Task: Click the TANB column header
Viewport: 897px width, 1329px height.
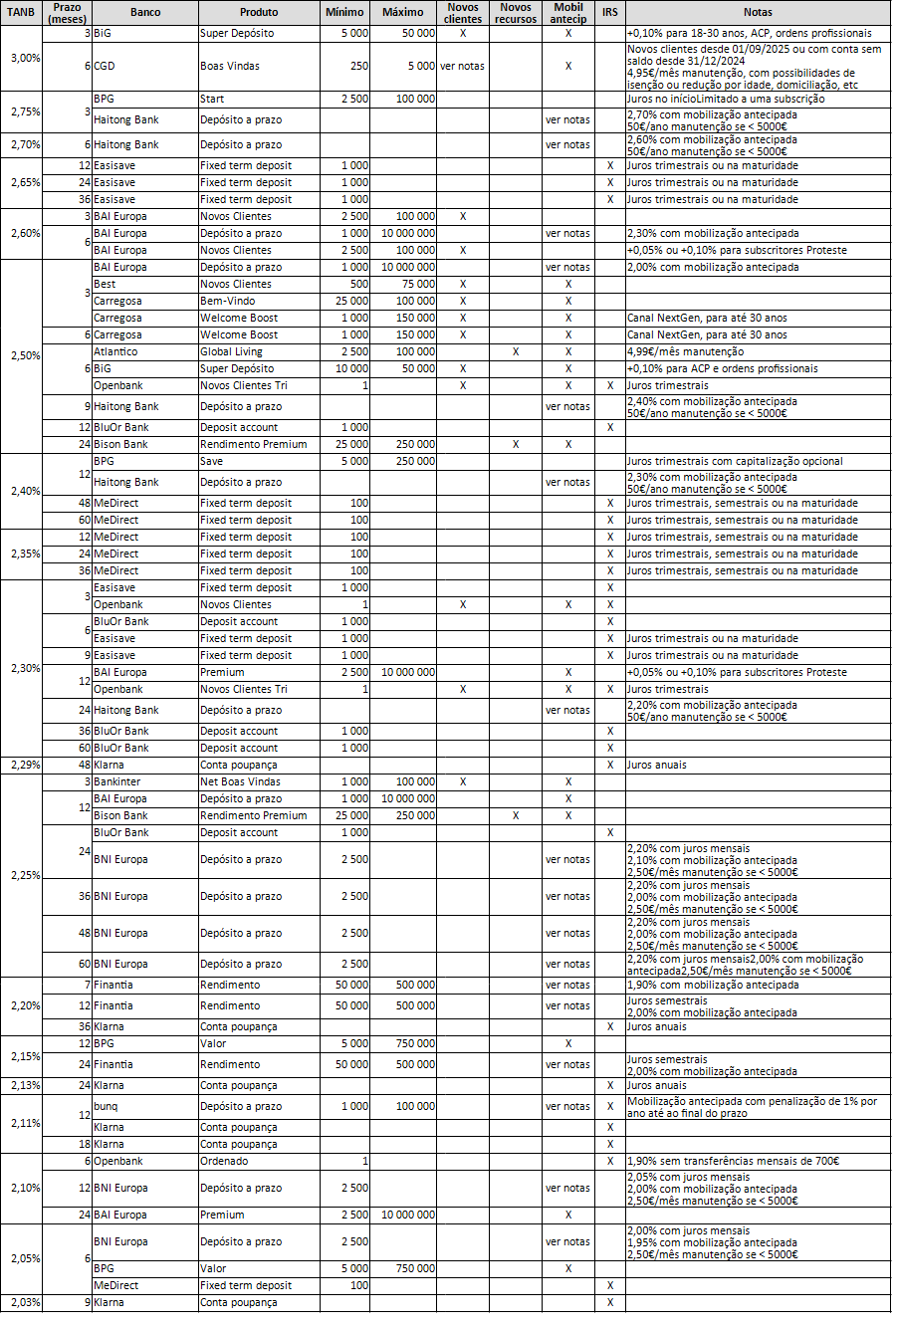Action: [x=21, y=13]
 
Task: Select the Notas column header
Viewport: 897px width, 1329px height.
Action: [x=758, y=13]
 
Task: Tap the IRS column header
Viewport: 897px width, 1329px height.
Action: [x=609, y=13]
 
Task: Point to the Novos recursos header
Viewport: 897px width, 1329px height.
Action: [x=515, y=13]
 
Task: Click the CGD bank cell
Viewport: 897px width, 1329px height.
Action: [x=104, y=66]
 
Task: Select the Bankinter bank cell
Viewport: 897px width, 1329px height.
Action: [x=116, y=781]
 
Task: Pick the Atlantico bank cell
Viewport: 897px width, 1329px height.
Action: [x=115, y=351]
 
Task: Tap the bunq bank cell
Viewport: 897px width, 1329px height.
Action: [x=106, y=1106]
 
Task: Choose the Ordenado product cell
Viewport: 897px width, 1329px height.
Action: [x=224, y=1161]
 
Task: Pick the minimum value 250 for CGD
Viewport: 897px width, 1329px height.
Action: [x=358, y=66]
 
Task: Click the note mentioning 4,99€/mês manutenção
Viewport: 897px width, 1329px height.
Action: [x=686, y=351]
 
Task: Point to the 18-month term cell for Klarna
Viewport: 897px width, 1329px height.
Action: [x=85, y=1144]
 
